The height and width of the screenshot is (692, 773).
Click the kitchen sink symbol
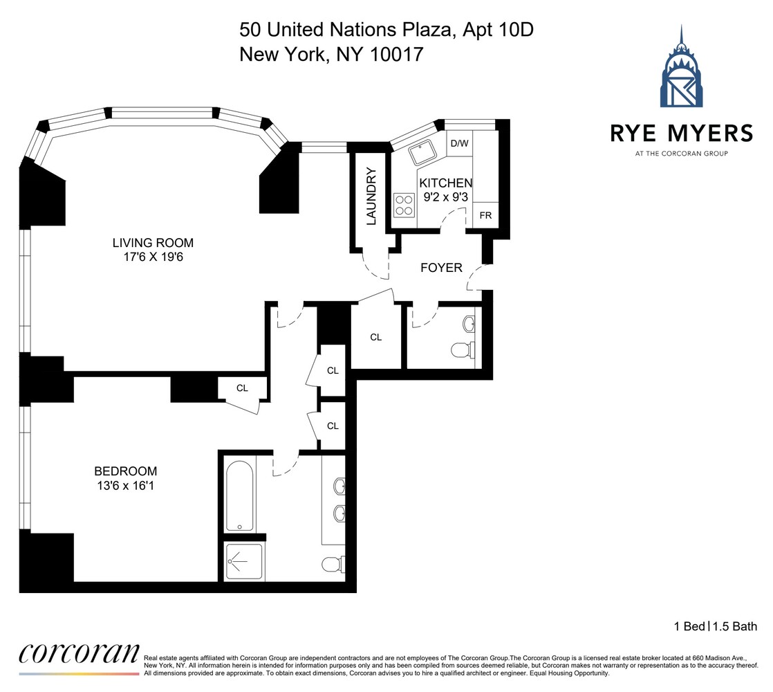(421, 153)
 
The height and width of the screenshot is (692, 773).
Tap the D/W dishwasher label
(459, 144)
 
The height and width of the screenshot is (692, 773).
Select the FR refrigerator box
(486, 215)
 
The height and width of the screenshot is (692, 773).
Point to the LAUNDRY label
(371, 196)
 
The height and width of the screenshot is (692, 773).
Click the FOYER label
(441, 268)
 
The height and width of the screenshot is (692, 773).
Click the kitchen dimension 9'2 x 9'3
(445, 197)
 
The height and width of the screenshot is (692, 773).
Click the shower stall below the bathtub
(244, 561)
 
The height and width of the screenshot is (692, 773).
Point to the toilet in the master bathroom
(333, 564)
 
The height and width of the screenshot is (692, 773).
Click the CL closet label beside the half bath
(375, 338)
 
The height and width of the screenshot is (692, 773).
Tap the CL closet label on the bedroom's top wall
(242, 388)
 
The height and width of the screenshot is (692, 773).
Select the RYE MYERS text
(681, 133)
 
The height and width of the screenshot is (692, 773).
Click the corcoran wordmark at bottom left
(78, 653)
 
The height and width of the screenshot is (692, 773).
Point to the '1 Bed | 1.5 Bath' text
(716, 627)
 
